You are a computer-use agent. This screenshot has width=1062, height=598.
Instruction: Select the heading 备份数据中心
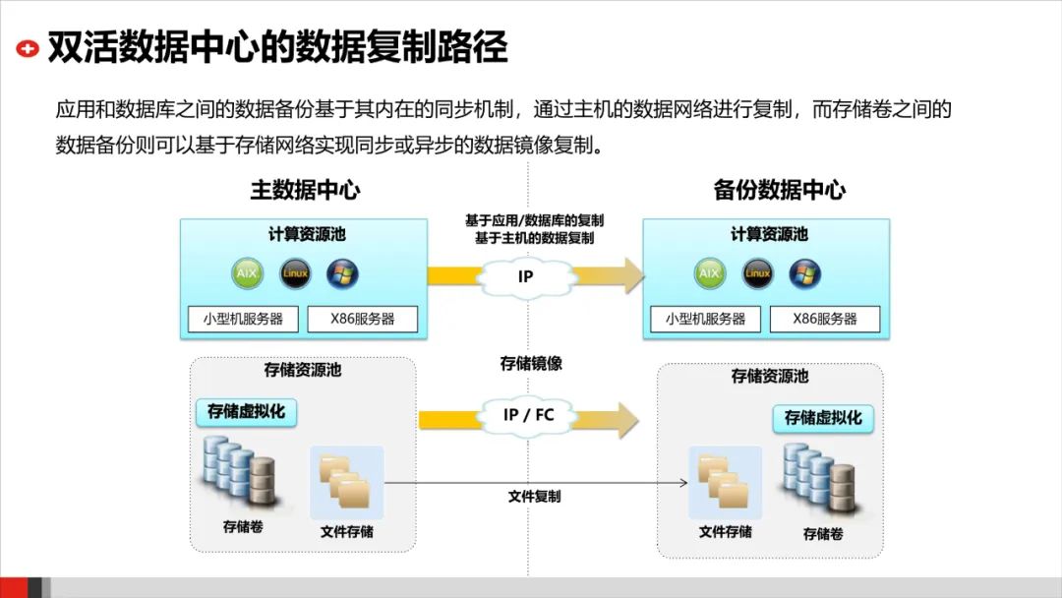coord(779,190)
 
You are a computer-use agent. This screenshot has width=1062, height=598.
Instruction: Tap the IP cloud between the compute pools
coord(525,276)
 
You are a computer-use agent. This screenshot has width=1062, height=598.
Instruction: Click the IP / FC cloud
coord(528,415)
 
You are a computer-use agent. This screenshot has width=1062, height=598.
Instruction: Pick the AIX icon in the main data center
coord(247,272)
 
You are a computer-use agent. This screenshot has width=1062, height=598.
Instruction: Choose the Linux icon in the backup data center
coord(757,272)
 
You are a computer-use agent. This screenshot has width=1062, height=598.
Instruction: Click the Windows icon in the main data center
coord(342,272)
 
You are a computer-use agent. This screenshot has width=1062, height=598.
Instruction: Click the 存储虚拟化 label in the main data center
coord(246,411)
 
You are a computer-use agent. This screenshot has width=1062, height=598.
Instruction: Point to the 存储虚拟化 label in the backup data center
coord(823,418)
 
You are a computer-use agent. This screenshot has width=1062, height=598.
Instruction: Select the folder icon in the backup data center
coord(724,482)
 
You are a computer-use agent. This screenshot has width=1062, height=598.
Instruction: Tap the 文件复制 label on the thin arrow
coord(534,497)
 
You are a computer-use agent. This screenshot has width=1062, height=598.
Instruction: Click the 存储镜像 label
coord(531,364)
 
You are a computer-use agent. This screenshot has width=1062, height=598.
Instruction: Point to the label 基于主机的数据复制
coord(534,238)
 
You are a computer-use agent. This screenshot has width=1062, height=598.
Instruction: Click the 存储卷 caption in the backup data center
coord(823,534)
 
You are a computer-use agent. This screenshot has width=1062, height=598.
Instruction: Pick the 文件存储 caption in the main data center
coord(347,532)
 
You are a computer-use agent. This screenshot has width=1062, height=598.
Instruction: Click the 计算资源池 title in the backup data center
coord(769,234)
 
